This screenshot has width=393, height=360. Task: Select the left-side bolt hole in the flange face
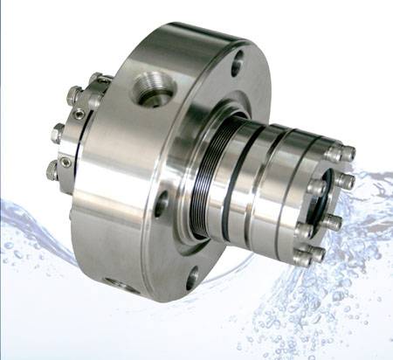coord(161,204)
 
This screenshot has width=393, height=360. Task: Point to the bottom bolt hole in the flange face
coord(191,280)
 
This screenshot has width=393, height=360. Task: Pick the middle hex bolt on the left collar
coord(59,134)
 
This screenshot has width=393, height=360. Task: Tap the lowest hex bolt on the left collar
coord(52,172)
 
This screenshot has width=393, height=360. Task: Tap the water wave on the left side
coord(35,223)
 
